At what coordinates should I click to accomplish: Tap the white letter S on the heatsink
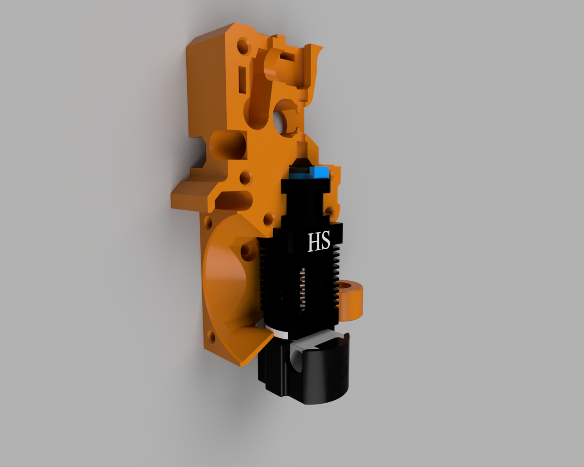(x=325, y=241)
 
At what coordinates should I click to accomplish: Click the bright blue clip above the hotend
(x=318, y=172)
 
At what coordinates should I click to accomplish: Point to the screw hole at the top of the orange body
(x=242, y=47)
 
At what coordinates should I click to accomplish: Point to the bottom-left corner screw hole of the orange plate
(x=211, y=337)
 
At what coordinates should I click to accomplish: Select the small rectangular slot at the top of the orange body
(x=287, y=57)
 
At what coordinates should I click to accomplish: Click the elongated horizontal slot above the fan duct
(x=235, y=199)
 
